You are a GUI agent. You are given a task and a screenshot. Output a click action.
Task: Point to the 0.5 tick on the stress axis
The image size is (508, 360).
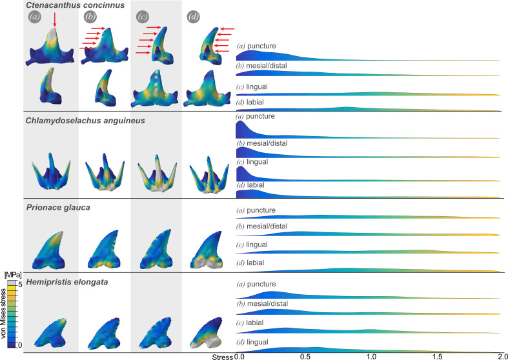click(305, 355)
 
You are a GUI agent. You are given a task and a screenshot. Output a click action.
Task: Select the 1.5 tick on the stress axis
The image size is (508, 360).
click(436, 355)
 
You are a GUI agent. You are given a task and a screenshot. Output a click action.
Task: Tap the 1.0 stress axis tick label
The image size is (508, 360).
click(371, 355)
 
